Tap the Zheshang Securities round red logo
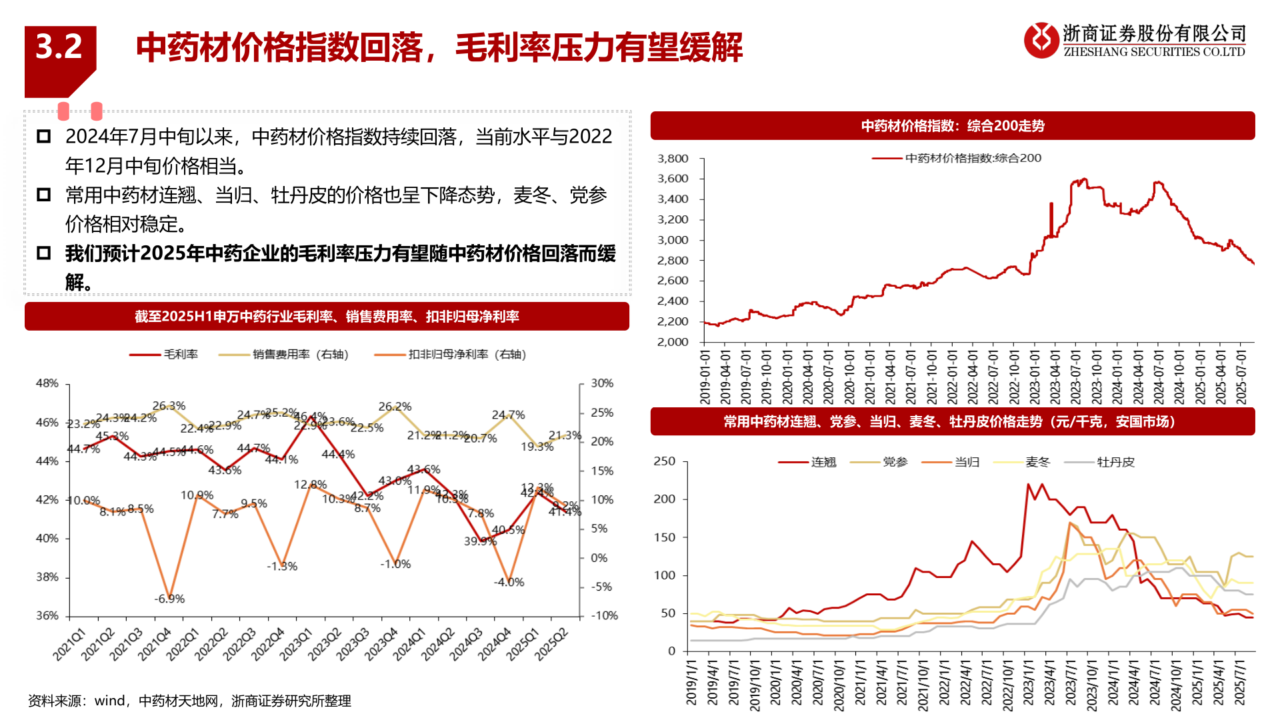tap(1041, 40)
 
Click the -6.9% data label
tap(169, 599)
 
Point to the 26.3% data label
tap(169, 406)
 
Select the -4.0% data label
tap(509, 583)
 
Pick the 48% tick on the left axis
tap(47, 383)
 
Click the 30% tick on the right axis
tap(602, 383)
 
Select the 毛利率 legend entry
tap(164, 355)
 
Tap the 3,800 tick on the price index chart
tap(673, 159)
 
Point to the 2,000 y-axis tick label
tap(673, 342)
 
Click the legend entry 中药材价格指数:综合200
tap(957, 159)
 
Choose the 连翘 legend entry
tap(808, 462)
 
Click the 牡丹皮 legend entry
tap(1100, 462)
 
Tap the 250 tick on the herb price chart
tap(665, 461)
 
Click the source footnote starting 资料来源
tap(189, 701)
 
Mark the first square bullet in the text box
tap(44, 137)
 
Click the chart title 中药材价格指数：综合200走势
tap(953, 126)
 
